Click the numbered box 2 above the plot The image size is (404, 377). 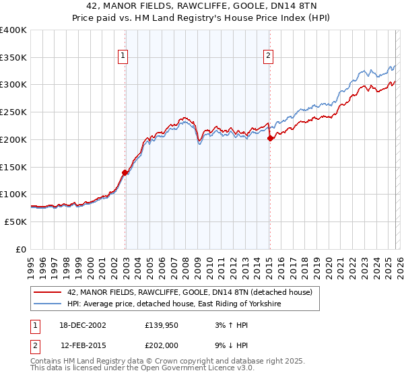click(269, 57)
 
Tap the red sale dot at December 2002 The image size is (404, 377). click(125, 172)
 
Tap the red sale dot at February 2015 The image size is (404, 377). click(270, 139)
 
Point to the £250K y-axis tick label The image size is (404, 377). click(13, 112)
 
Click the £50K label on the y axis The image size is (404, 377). click(15, 221)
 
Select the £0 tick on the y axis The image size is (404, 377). click(22, 249)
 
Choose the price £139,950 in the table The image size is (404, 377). click(162, 324)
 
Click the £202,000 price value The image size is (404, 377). click(162, 346)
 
